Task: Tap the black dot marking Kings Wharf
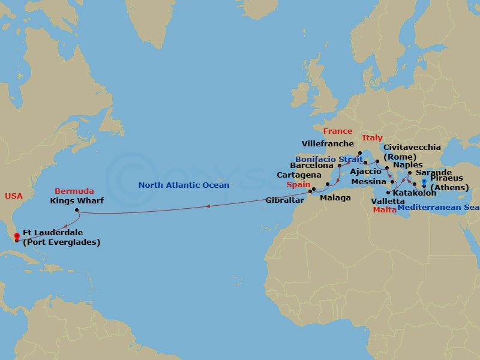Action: point(77,210)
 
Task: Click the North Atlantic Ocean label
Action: point(184,185)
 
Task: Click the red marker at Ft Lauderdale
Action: point(16,236)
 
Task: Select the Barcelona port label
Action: point(311,164)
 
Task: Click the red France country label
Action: point(337,131)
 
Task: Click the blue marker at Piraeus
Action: point(424,181)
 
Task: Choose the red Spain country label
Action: point(298,185)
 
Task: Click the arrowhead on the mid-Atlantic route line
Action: point(208,206)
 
